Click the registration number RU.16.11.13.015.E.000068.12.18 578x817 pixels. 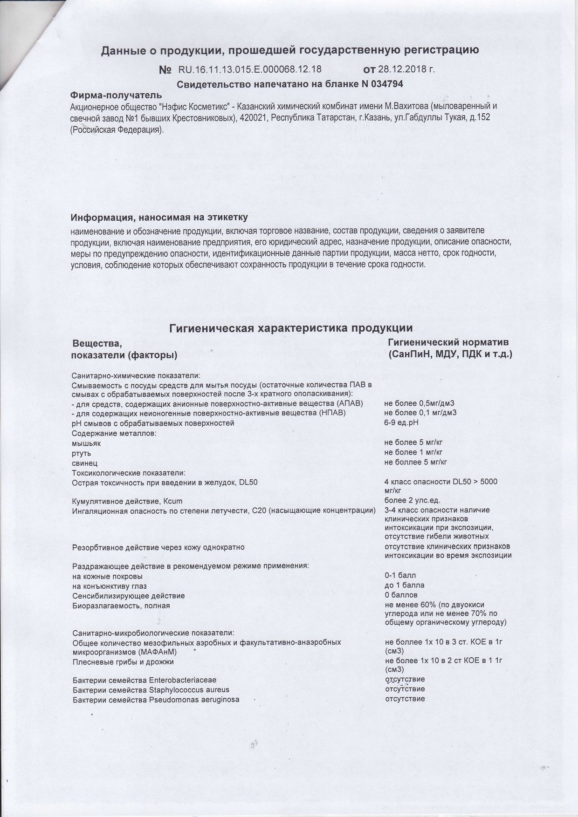(250, 69)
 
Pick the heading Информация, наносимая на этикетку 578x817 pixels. (159, 218)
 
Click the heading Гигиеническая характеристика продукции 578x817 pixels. (291, 328)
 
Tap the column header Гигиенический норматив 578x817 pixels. (448, 342)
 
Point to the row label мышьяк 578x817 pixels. (86, 443)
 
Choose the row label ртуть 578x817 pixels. (82, 453)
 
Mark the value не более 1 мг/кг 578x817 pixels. (413, 452)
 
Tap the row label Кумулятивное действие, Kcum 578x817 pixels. (127, 501)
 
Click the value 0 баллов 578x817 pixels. (401, 595)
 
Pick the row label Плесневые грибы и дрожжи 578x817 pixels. (123, 662)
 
